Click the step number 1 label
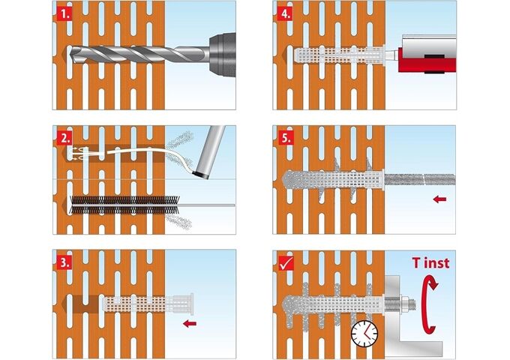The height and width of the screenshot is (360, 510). (x=64, y=14)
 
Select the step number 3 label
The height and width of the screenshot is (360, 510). (x=64, y=262)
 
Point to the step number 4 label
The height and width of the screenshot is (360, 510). (x=285, y=14)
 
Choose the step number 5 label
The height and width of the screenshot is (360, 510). (x=285, y=138)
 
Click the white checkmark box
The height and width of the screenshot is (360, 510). (x=286, y=263)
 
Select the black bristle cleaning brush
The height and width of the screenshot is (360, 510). (x=124, y=205)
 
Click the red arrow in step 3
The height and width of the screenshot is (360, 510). (x=190, y=323)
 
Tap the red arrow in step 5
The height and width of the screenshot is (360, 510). (x=439, y=199)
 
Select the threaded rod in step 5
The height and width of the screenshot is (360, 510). (x=420, y=179)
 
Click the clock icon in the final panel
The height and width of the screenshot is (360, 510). (x=364, y=334)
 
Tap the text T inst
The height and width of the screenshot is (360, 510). (x=430, y=262)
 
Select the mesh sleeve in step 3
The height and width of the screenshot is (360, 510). (x=148, y=304)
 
